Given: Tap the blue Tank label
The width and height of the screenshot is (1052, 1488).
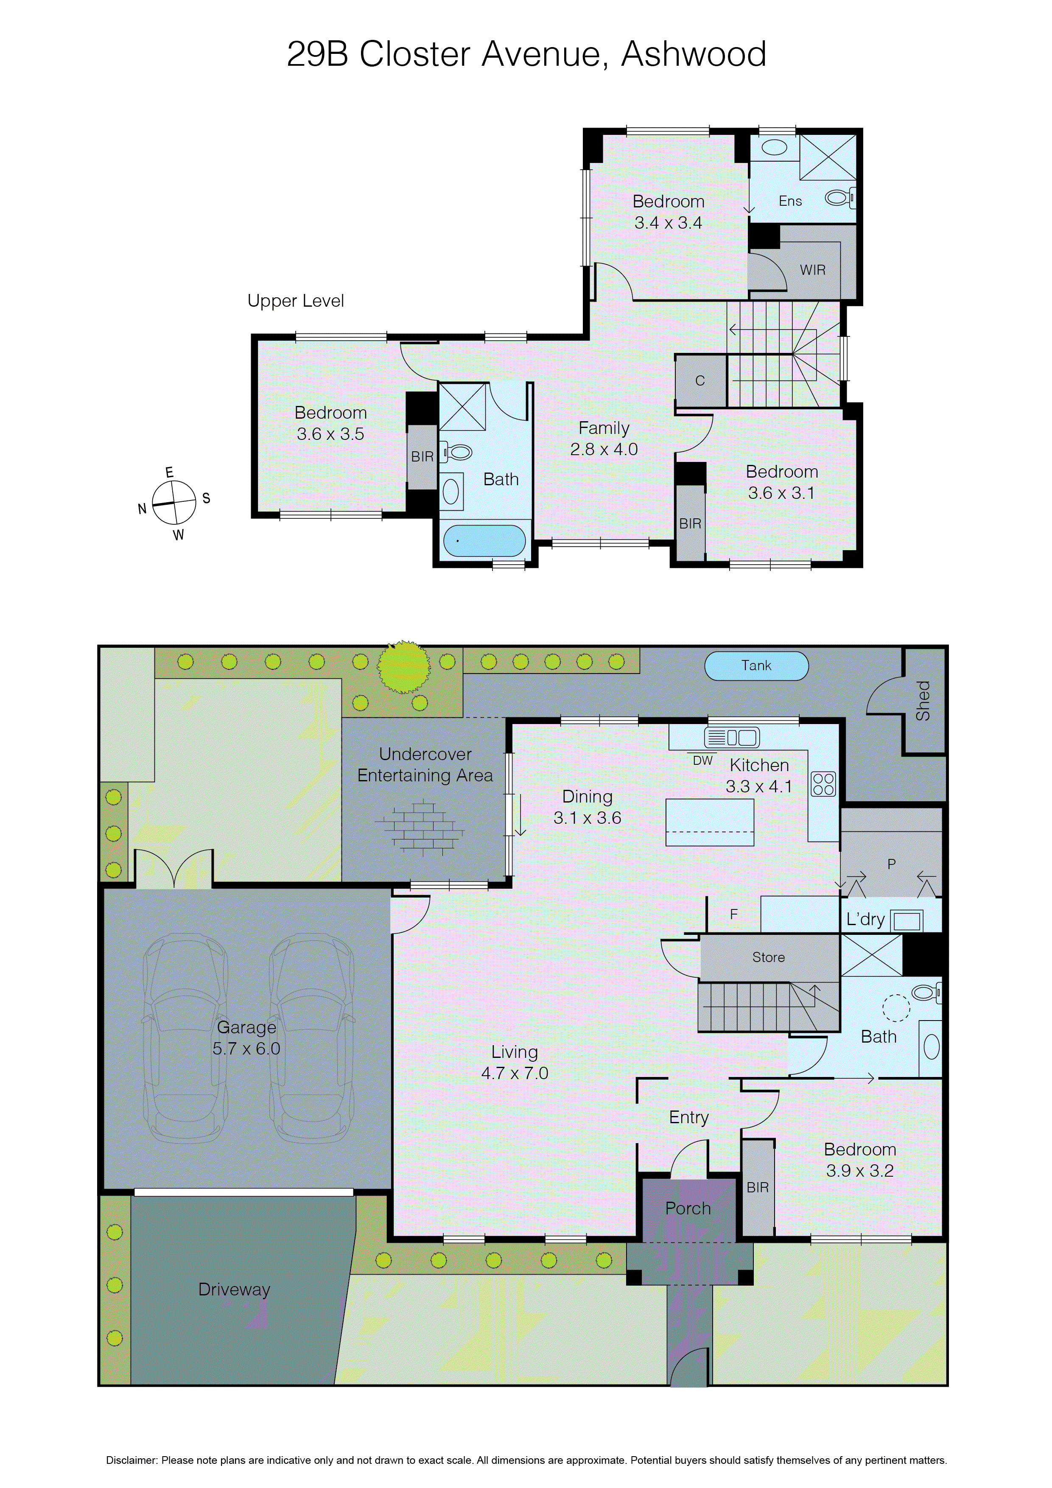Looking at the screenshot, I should [x=756, y=666].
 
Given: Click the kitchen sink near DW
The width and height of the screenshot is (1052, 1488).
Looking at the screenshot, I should [x=731, y=738].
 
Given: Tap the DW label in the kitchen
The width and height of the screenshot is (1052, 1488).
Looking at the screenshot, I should [x=702, y=761].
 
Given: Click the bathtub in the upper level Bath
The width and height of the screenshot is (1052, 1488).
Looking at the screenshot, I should [x=484, y=540].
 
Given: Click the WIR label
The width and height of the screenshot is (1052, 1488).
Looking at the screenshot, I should [x=812, y=270].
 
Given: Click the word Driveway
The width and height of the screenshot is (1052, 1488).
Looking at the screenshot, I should [x=234, y=1289].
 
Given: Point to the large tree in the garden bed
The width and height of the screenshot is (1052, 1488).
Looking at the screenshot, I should [x=404, y=666].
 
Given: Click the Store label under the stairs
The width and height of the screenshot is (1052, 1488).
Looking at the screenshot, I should [x=768, y=957].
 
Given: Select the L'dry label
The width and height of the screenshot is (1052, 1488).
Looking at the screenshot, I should [x=865, y=919].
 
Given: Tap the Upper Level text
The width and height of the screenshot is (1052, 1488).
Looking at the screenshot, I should [x=296, y=301].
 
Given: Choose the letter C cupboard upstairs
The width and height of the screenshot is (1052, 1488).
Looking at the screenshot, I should [x=700, y=380].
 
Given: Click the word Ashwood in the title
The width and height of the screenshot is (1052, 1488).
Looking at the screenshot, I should [x=694, y=54].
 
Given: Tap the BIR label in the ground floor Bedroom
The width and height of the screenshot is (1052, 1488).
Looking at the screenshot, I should [x=757, y=1187].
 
